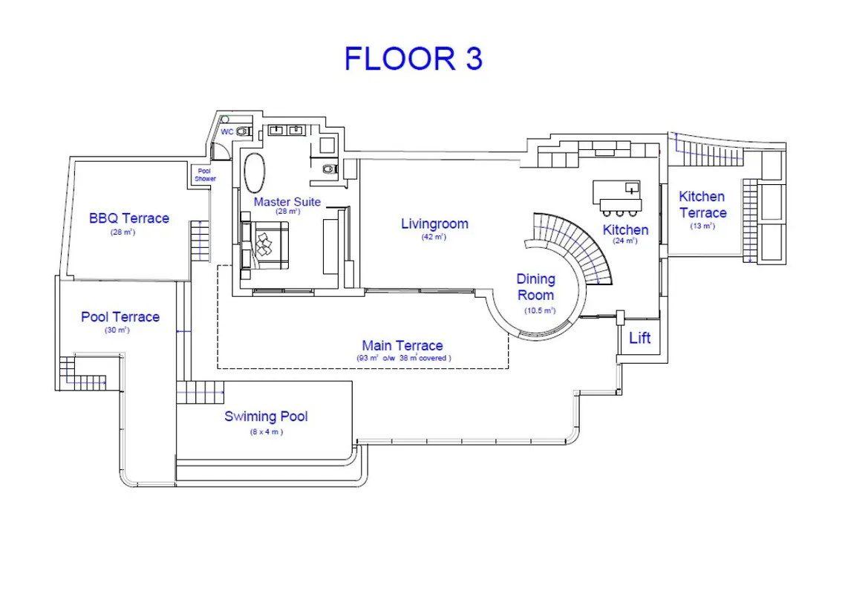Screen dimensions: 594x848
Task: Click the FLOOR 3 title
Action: tap(414, 59)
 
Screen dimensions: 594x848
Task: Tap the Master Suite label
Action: tap(287, 202)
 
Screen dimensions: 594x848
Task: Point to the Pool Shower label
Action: tap(206, 175)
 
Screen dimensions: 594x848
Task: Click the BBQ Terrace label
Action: tap(129, 218)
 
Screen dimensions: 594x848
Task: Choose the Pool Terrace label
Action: tap(120, 317)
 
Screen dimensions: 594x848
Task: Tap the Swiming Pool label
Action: tap(266, 417)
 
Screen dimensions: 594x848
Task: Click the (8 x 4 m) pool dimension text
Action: tap(267, 431)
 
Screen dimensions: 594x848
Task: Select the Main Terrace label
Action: tap(402, 345)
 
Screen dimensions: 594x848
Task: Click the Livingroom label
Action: tap(434, 223)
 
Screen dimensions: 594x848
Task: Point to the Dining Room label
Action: tap(536, 287)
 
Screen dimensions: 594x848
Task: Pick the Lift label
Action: tap(639, 339)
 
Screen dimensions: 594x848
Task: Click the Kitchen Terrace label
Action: tap(702, 204)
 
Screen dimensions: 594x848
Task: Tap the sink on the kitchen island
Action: tap(632, 188)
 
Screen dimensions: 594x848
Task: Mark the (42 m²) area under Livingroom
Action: tap(434, 237)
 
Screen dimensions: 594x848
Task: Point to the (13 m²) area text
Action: tap(702, 226)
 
